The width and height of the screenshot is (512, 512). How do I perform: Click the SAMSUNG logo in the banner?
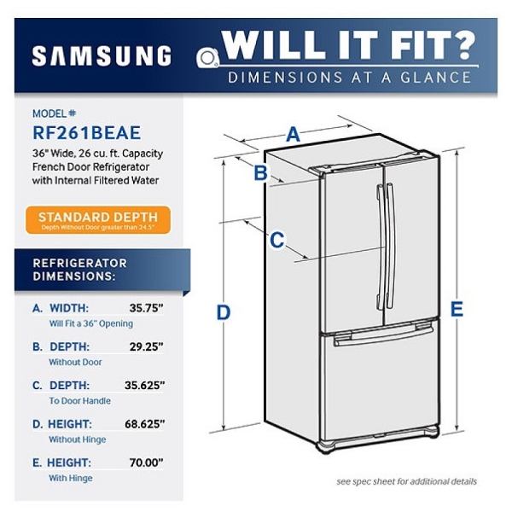(102, 55)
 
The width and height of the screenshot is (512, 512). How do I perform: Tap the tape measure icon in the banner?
(207, 58)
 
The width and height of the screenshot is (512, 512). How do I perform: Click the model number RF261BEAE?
(86, 132)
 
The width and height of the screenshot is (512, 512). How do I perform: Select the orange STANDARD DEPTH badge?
(98, 220)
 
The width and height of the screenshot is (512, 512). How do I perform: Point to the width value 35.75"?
(146, 308)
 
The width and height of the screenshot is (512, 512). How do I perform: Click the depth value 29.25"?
(146, 346)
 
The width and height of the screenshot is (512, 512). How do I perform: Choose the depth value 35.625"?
(145, 386)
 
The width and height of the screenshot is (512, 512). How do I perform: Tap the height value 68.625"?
(145, 424)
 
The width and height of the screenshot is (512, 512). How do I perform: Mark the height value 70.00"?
(146, 463)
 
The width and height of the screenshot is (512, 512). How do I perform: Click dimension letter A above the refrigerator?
(293, 134)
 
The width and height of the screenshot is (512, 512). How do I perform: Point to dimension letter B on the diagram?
(260, 172)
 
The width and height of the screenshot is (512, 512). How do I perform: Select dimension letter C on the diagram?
(276, 240)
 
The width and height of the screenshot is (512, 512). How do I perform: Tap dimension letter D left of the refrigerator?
(224, 312)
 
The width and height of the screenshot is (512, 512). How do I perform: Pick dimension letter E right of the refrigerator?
(457, 309)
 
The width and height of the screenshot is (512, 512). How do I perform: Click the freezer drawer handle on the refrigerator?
(383, 336)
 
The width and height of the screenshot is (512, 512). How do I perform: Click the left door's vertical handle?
(380, 247)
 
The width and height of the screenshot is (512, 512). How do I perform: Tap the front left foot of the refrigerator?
(326, 446)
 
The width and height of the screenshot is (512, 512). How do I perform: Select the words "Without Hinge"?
(78, 439)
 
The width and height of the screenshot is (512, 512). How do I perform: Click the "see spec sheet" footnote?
(406, 481)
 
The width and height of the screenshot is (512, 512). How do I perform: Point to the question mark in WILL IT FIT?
(464, 45)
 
